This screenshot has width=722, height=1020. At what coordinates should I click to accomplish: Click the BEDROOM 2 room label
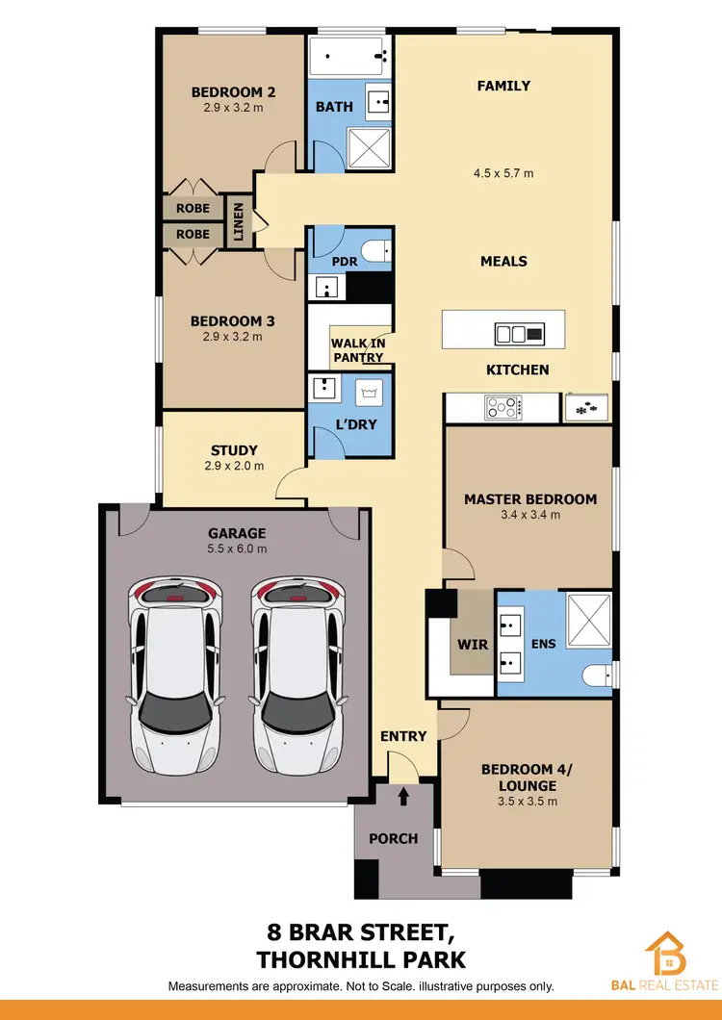point(234,92)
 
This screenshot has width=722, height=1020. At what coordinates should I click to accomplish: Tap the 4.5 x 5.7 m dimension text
point(503,174)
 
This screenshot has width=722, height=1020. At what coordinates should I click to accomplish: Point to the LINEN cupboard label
point(238,220)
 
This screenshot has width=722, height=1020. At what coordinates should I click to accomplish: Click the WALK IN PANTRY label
point(358,350)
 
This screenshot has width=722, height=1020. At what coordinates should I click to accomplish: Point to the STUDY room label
point(234,449)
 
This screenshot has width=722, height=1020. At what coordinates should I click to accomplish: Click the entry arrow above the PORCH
point(403,795)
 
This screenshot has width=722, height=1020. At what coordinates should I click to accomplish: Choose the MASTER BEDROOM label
point(530,499)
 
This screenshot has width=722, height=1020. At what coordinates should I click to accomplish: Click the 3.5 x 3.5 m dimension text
point(527,800)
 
